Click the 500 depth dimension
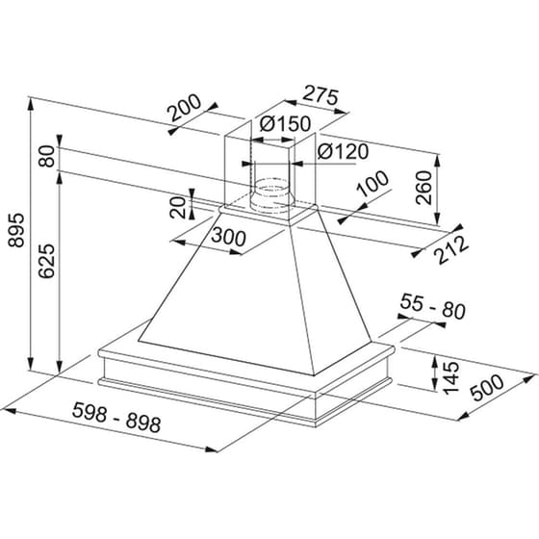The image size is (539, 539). click(x=490, y=390)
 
